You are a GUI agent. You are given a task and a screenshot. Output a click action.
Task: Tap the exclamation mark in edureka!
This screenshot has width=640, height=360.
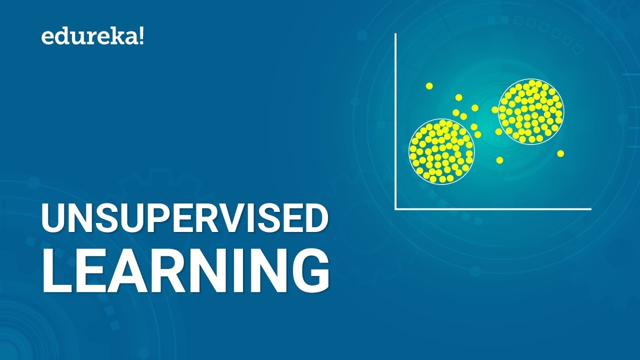tap(141, 36)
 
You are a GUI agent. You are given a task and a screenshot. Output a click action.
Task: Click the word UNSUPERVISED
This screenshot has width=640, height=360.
tap(184, 219)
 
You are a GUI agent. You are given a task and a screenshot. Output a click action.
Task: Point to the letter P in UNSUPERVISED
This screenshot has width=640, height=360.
tap(153, 219)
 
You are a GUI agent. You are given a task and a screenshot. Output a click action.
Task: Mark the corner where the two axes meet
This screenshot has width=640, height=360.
tap(395, 209)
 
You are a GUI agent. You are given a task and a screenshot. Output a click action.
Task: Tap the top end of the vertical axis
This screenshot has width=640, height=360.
tap(395, 34)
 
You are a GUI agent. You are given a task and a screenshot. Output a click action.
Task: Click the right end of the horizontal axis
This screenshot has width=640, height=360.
tap(590, 209)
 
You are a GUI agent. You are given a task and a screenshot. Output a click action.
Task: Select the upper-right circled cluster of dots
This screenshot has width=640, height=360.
tap(531, 111)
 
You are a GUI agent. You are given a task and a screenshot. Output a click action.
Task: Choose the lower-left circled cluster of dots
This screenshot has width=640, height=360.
tap(441, 151)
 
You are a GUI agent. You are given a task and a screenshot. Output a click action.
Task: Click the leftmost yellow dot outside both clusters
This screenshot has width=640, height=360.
tap(429, 86)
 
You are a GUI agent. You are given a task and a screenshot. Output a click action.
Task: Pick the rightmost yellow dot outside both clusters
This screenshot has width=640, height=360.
tap(560, 153)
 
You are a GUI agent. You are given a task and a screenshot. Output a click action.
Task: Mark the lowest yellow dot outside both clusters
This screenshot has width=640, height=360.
tap(499, 160)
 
